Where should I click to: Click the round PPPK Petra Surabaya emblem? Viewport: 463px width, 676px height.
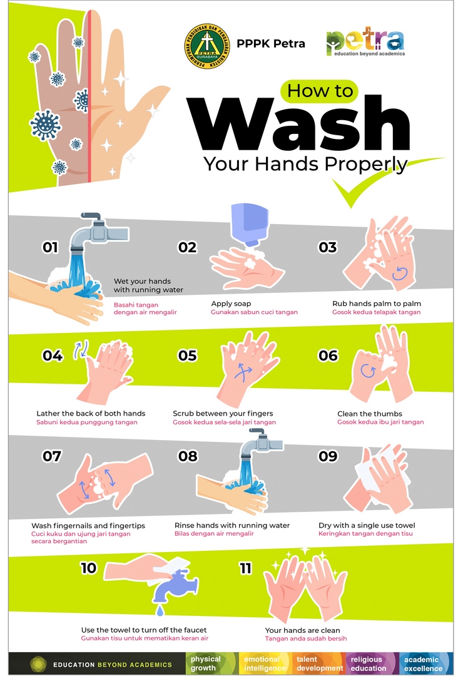pos(207,46)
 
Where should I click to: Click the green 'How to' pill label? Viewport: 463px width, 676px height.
pos(320,91)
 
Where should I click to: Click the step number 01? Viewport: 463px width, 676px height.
pos(50,247)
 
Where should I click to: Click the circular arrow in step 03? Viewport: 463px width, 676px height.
pos(400,274)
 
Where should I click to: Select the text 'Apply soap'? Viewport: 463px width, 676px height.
pos(231,304)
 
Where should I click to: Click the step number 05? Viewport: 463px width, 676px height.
pos(188,356)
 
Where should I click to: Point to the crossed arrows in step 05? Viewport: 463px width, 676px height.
pos(243,372)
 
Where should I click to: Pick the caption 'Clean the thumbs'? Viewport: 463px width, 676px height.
pos(369,414)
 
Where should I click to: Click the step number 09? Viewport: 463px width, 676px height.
pos(328,456)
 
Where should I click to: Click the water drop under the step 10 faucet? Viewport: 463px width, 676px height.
pos(160,610)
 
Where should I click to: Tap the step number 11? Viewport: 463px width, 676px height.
pos(245,568)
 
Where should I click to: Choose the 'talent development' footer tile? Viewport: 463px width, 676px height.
pos(320,663)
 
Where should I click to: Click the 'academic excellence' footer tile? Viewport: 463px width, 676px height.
pos(424,663)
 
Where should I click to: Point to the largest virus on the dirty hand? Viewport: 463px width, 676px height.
pos(45,125)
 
